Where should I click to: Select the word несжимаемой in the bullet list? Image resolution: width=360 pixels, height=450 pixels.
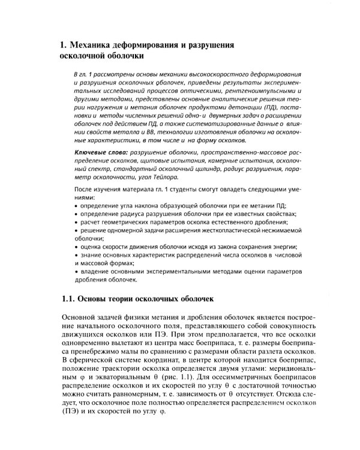(x=281, y=230)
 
